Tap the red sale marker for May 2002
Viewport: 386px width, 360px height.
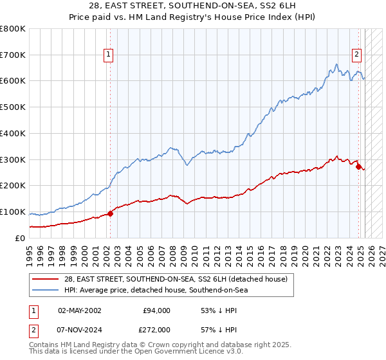(x=110, y=213)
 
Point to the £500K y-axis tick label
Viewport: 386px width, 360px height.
(x=13, y=107)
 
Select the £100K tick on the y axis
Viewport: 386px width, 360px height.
(x=13, y=212)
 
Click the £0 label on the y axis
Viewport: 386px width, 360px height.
(x=21, y=238)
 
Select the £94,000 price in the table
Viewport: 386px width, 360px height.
(x=156, y=310)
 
